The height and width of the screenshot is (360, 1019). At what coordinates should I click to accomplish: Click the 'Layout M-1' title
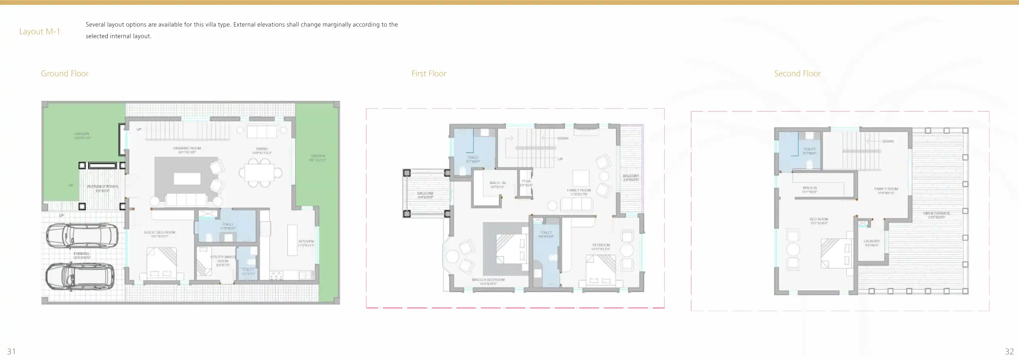click(x=40, y=31)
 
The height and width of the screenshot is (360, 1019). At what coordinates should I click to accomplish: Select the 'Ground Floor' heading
click(x=65, y=73)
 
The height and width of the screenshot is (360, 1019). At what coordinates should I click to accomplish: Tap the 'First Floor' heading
click(x=429, y=73)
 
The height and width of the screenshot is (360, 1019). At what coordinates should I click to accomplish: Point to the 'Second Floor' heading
click(x=797, y=73)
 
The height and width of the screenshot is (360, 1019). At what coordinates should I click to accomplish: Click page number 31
click(x=11, y=352)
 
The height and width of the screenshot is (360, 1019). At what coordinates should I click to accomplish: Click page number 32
click(x=1009, y=352)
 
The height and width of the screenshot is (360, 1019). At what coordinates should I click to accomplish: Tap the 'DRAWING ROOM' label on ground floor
click(x=187, y=149)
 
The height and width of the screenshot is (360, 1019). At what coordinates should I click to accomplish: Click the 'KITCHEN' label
click(x=306, y=241)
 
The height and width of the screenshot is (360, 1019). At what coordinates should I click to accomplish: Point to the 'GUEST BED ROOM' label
click(x=159, y=232)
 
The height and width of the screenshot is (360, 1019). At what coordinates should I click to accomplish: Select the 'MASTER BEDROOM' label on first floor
click(x=488, y=280)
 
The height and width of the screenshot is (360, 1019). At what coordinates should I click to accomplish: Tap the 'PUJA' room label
click(x=526, y=181)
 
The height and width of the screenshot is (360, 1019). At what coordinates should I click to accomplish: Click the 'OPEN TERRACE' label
click(x=937, y=213)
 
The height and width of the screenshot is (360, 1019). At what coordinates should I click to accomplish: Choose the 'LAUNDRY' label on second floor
click(x=872, y=241)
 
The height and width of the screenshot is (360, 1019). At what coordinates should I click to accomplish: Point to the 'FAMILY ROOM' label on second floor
click(x=886, y=189)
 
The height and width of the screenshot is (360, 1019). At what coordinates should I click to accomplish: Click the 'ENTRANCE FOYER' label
click(x=103, y=186)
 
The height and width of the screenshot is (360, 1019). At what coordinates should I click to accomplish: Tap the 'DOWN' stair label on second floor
click(x=888, y=141)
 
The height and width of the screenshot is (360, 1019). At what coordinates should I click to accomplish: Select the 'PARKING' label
click(x=82, y=254)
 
